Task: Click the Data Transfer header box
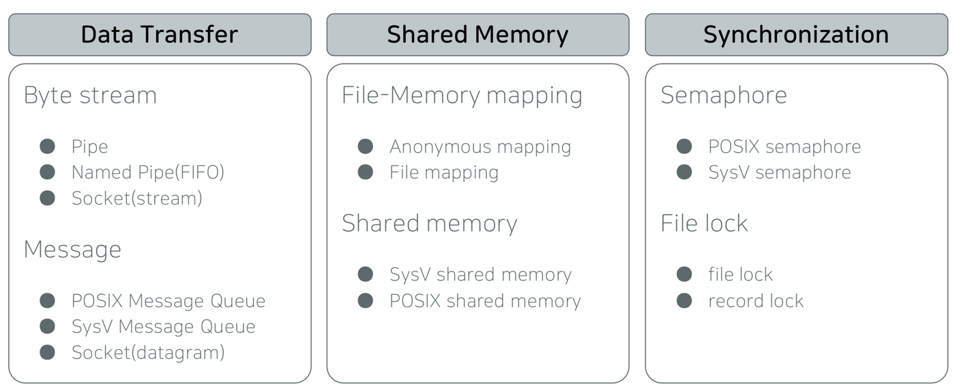pyautogui.click(x=160, y=35)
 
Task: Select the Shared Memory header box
pyautogui.click(x=478, y=35)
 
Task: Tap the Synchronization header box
pyautogui.click(x=797, y=35)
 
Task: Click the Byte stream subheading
pyautogui.click(x=90, y=95)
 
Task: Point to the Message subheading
pyautogui.click(x=72, y=249)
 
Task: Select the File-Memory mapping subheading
pyautogui.click(x=462, y=96)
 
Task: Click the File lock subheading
pyautogui.click(x=704, y=223)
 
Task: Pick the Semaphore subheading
pyautogui.click(x=724, y=95)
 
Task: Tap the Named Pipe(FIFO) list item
pyautogui.click(x=148, y=172)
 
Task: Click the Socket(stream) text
pyautogui.click(x=137, y=199)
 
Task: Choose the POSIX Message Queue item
pyautogui.click(x=168, y=301)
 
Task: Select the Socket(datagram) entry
pyautogui.click(x=148, y=353)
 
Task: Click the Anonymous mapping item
pyautogui.click(x=480, y=147)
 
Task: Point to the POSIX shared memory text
pyautogui.click(x=485, y=301)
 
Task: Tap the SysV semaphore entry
pyautogui.click(x=780, y=173)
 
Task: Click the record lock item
pyautogui.click(x=756, y=301)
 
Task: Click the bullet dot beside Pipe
pyautogui.click(x=47, y=146)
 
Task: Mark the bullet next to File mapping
pyautogui.click(x=366, y=172)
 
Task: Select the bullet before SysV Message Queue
pyautogui.click(x=47, y=326)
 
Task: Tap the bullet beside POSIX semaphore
pyautogui.click(x=684, y=146)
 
